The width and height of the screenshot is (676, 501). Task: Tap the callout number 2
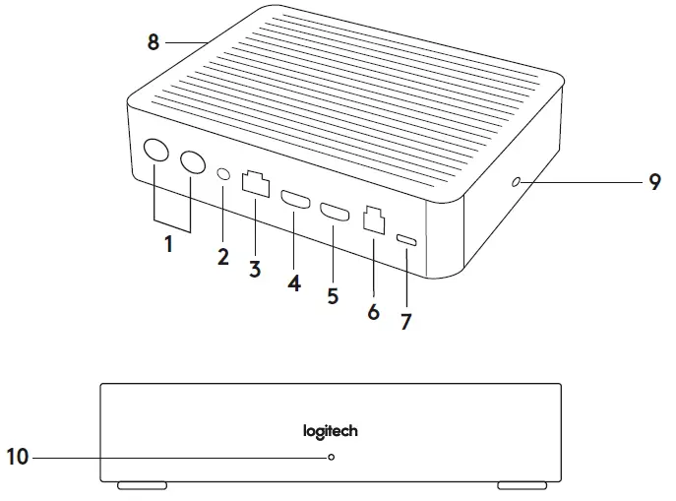coord(223,257)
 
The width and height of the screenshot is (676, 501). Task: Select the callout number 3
coord(255,268)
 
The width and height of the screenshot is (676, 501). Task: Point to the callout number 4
coord(293,282)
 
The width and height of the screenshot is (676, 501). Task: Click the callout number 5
coord(333,294)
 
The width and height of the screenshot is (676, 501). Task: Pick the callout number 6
coord(373,311)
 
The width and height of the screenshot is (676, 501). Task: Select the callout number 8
coord(153,42)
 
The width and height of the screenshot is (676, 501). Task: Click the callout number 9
coord(654,182)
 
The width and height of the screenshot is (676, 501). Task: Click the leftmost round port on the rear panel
coord(155,152)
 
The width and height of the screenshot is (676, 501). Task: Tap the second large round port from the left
coord(189,162)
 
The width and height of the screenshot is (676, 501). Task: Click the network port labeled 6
coord(374,219)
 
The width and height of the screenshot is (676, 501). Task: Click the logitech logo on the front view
coord(330,431)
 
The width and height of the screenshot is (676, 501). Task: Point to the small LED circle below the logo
coord(332,458)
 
